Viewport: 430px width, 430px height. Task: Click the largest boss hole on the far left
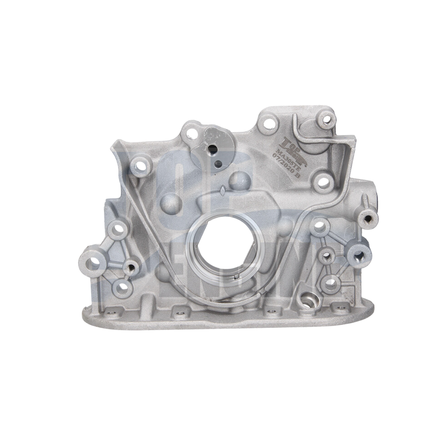coord(95,262)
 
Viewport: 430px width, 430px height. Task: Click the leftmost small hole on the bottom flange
coord(109,312)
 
